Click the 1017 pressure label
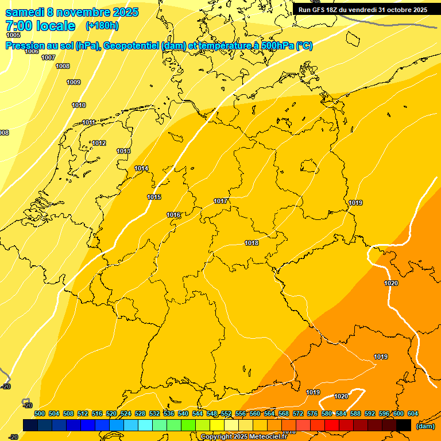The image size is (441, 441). tap(221, 201)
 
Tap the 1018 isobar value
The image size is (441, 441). tap(252, 243)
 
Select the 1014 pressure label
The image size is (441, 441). tap(141, 168)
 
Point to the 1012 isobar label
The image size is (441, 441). tap(99, 143)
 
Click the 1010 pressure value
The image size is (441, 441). tap(79, 105)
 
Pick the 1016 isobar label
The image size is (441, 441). tap(173, 215)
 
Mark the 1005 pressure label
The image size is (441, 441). tap(13, 35)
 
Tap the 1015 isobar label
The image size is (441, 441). tap(154, 197)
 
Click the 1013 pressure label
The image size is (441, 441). tap(123, 151)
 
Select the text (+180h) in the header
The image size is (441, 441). tap(102, 26)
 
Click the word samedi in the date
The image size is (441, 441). tap(26, 12)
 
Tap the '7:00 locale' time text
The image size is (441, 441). tap(40, 26)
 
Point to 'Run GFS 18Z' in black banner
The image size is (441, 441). tap(318, 10)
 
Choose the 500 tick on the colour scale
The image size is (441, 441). tap(40, 413)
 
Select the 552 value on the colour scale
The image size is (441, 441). tap(226, 413)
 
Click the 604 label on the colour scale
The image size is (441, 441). tap(413, 413)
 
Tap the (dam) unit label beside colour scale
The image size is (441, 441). tap(425, 425)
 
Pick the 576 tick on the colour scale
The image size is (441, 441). tap(312, 413)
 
